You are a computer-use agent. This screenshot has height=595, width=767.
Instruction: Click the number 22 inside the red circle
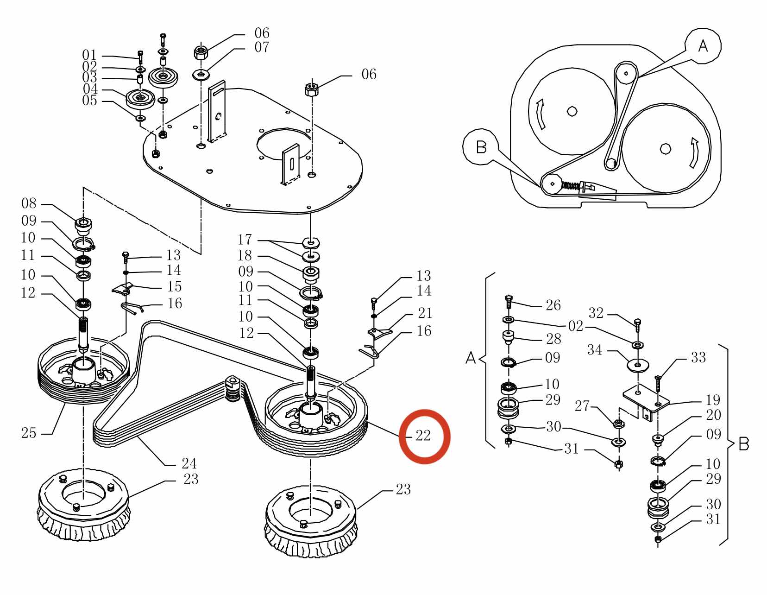click(x=423, y=436)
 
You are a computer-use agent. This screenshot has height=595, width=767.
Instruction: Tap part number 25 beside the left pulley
click(x=29, y=433)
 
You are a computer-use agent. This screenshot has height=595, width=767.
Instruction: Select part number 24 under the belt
click(x=189, y=463)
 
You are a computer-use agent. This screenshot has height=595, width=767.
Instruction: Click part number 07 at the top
click(x=262, y=47)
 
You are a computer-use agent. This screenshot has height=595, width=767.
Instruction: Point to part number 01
click(x=89, y=56)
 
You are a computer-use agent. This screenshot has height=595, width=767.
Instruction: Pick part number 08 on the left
click(x=29, y=203)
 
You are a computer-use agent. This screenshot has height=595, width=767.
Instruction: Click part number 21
click(x=425, y=313)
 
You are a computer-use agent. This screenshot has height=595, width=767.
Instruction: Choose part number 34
click(x=595, y=350)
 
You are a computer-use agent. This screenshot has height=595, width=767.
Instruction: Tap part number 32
click(x=596, y=313)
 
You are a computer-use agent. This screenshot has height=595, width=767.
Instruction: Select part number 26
click(x=553, y=305)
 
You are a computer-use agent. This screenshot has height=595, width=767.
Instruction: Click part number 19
click(x=713, y=399)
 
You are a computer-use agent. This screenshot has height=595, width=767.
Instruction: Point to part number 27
click(x=582, y=406)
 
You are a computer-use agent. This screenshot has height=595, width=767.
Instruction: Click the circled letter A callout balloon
click(x=703, y=46)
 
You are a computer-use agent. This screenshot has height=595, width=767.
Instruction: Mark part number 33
click(x=698, y=357)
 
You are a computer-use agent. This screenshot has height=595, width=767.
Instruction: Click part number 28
click(x=553, y=339)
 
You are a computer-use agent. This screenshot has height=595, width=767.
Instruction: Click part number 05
click(x=89, y=101)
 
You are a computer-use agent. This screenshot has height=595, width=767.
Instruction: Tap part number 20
click(x=713, y=415)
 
